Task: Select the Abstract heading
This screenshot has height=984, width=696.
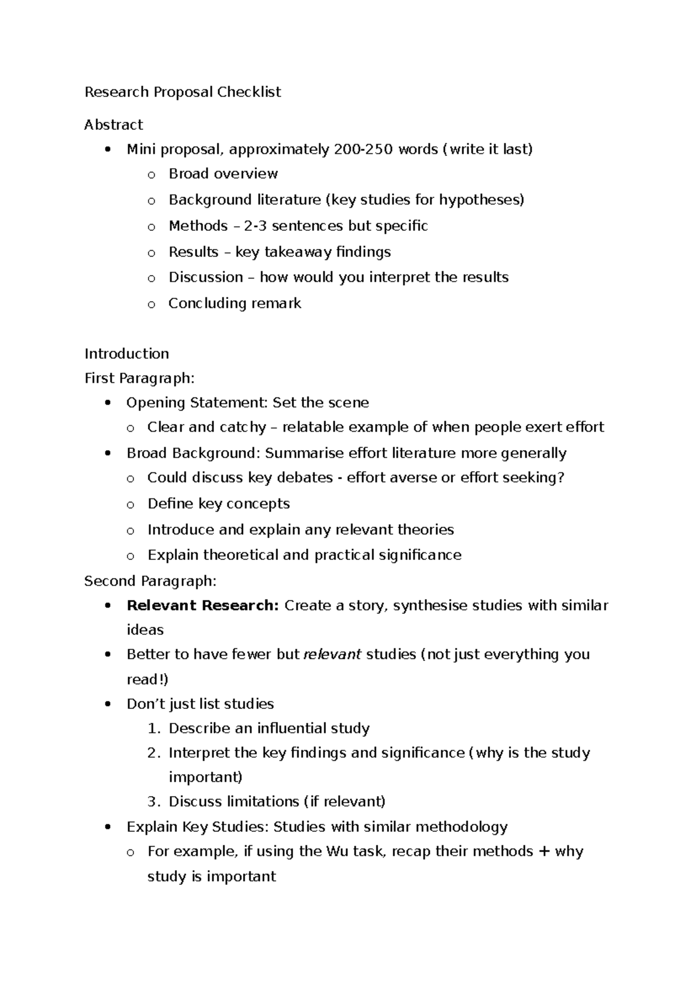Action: pyautogui.click(x=113, y=125)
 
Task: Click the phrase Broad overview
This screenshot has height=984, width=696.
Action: pyautogui.click(x=223, y=174)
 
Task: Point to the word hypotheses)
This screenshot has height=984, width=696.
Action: pyautogui.click(x=481, y=200)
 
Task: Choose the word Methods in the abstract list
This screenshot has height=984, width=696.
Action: pyautogui.click(x=198, y=226)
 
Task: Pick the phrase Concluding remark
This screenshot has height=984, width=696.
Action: pyautogui.click(x=234, y=303)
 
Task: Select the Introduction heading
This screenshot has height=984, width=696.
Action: pyautogui.click(x=126, y=354)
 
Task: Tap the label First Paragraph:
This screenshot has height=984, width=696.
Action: pyautogui.click(x=139, y=378)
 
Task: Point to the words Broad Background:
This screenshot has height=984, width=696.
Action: pyautogui.click(x=194, y=453)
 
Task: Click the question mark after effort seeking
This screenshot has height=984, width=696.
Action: pyautogui.click(x=561, y=478)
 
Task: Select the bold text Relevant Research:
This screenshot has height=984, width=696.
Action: pyautogui.click(x=202, y=606)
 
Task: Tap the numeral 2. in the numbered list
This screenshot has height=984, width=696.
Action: pyautogui.click(x=153, y=753)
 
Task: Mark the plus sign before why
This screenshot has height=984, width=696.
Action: pyautogui.click(x=543, y=851)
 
